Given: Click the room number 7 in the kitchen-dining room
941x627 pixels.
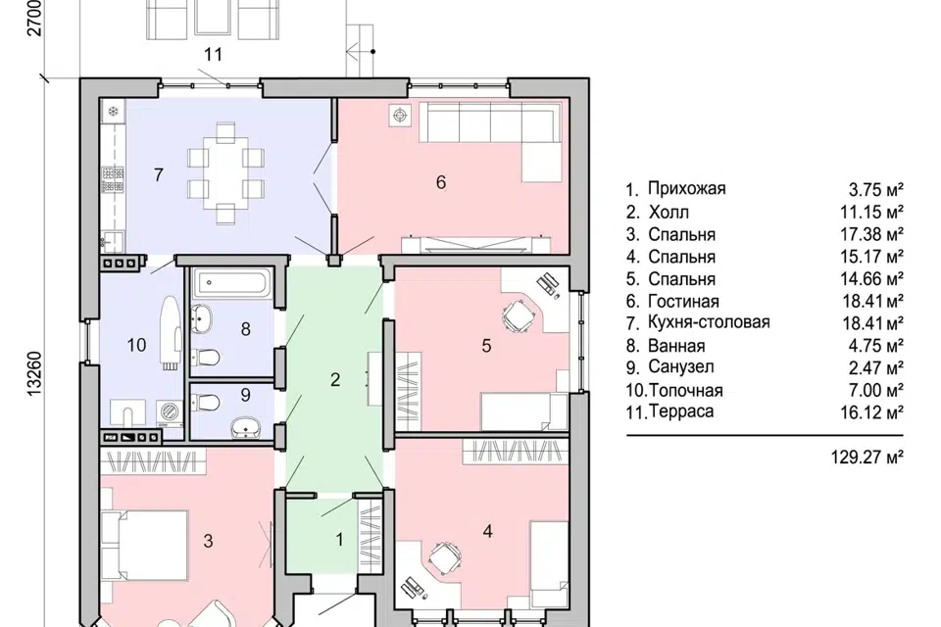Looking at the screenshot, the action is (159, 174).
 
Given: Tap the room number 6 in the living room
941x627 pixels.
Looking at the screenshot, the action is (441, 182).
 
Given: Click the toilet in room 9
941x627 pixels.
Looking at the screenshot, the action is (205, 402).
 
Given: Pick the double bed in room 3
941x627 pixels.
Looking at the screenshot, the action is (145, 545).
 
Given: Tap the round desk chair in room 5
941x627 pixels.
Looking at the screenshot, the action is (519, 314).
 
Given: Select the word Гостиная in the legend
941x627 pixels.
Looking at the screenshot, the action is (683, 301).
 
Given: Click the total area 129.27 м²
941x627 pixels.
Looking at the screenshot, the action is (867, 458).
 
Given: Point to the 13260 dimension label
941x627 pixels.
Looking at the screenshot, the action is (35, 372).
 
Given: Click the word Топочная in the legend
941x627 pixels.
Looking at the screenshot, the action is (686, 391).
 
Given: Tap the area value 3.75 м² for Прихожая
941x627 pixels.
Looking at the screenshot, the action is (876, 190).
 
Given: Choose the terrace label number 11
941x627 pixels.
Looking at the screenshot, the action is (213, 55).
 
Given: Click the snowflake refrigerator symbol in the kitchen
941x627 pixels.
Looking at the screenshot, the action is (112, 111).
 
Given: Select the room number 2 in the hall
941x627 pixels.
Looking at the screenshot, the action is (335, 379).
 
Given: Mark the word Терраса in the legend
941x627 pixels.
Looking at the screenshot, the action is (681, 411).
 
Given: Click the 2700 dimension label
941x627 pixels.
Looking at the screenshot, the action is (35, 18).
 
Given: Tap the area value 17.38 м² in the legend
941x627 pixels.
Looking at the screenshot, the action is (872, 234).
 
